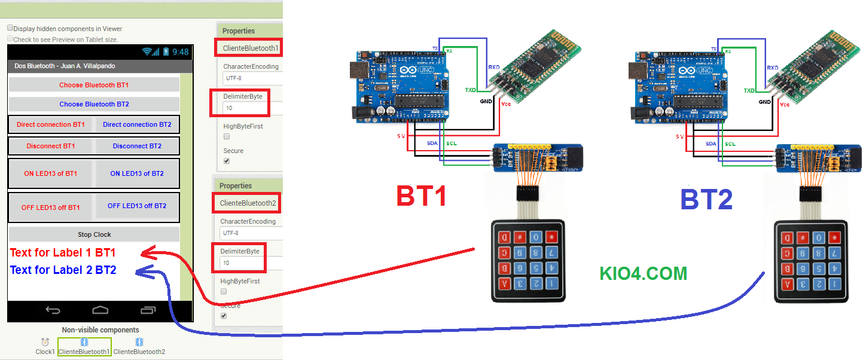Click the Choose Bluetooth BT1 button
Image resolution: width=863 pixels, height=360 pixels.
coord(94,85)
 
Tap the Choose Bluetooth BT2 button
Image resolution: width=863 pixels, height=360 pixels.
coord(94,104)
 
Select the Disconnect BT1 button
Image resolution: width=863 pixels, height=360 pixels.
coord(51,146)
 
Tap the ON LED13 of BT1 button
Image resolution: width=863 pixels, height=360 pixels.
coord(51,173)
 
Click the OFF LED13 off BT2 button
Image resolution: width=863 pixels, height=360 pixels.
coord(137,206)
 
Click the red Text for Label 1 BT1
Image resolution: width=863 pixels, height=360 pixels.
coord(63,252)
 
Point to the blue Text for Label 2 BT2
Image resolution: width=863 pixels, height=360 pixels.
coord(63,270)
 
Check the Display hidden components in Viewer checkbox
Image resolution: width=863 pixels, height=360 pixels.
coord(10,28)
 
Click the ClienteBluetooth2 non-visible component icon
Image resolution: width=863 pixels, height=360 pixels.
coord(139,342)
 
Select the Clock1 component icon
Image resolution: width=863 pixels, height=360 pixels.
coord(45,342)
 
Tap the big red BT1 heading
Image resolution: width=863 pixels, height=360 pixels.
coord(422,197)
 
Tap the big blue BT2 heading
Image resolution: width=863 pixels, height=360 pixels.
coord(706,200)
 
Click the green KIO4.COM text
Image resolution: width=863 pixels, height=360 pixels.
coord(643,273)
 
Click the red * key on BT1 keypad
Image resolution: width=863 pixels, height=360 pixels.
coord(551,237)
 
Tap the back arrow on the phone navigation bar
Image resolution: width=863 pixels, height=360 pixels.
coord(53,310)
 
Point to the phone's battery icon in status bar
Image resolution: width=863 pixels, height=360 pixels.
coord(166,52)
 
